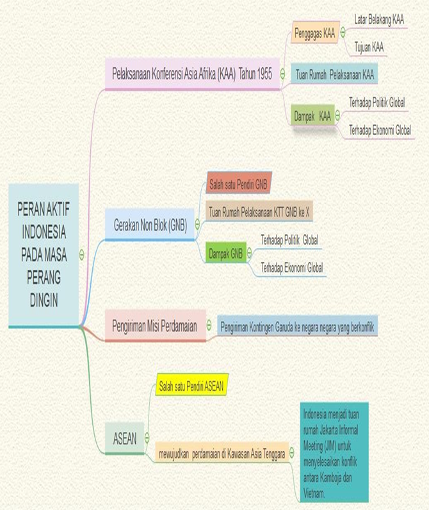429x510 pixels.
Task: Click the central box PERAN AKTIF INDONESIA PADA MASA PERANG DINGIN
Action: (44, 254)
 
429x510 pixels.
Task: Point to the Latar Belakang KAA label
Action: (379, 19)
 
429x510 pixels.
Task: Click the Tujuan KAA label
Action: (369, 47)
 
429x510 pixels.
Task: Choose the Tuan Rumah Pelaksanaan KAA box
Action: (334, 74)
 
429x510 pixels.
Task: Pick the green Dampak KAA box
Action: (312, 117)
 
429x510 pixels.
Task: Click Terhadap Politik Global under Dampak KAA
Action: (376, 103)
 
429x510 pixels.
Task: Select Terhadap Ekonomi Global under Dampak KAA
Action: (380, 130)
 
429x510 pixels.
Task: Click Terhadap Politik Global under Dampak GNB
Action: (290, 240)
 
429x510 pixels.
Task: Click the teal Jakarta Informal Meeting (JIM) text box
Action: (333, 453)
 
